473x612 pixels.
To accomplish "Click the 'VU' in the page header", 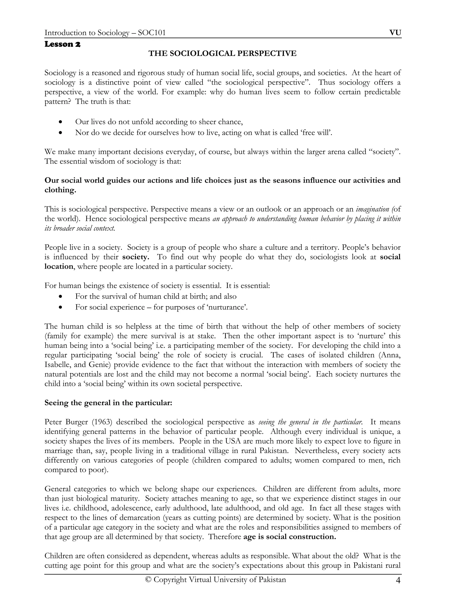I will click(395, 33).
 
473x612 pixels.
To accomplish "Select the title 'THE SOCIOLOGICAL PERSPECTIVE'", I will click(222, 53).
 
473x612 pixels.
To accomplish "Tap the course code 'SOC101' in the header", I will click(152, 33).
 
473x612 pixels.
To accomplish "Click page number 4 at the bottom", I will click(398, 580).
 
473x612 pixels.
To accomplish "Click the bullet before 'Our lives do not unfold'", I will click(60, 122).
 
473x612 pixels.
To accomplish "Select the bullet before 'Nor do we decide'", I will click(60, 133).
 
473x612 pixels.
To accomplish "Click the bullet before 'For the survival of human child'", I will click(60, 297).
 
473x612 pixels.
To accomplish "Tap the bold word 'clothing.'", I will click(60, 190).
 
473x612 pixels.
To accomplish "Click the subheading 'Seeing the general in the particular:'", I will click(108, 403).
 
